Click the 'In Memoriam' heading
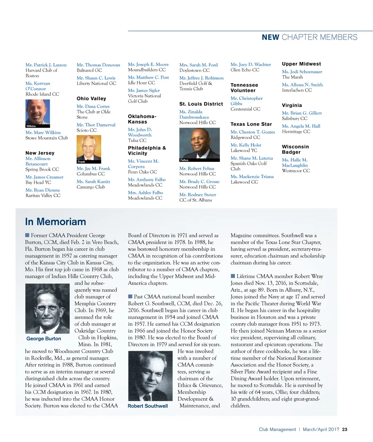coord(55,222)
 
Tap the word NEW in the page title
coord(270,37)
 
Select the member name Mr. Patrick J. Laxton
coord(46,65)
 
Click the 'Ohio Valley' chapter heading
coord(91,98)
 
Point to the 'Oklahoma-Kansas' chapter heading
coord(142,119)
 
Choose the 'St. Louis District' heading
coord(201,104)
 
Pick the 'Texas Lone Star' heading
coord(251,124)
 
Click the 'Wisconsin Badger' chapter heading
coord(295,150)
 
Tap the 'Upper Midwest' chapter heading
coord(301,64)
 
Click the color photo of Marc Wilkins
coord(38,113)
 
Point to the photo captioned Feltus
coord(200,144)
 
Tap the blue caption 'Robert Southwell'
coord(148,406)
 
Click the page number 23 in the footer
coord(345,429)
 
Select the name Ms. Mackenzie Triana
coord(252,177)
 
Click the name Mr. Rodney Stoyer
coord(197,195)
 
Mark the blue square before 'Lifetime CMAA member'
coord(233,276)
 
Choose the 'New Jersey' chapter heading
coord(40,153)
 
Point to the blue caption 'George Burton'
coord(44,339)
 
